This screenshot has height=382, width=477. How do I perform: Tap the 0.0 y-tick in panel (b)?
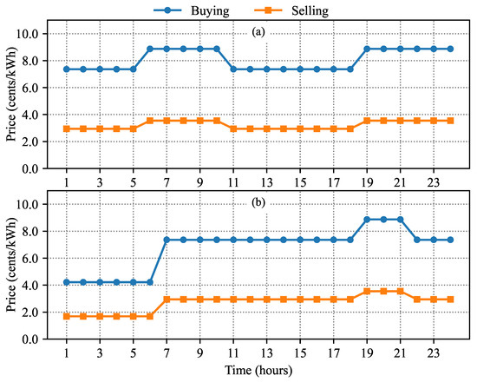(38, 339)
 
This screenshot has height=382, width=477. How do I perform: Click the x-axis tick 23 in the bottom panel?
(434, 353)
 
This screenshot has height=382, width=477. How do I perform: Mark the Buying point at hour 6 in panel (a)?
(150, 49)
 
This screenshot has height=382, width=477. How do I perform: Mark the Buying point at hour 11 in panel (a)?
(233, 69)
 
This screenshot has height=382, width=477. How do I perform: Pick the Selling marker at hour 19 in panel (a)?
(367, 121)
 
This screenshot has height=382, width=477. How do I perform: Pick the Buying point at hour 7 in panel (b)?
(167, 240)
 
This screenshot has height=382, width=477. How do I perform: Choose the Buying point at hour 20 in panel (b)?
(383, 220)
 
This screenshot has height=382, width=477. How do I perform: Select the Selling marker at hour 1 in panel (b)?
(67, 316)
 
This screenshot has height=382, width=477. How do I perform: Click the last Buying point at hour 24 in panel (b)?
(450, 240)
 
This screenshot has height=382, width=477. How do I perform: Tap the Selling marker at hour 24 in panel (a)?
(450, 121)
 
